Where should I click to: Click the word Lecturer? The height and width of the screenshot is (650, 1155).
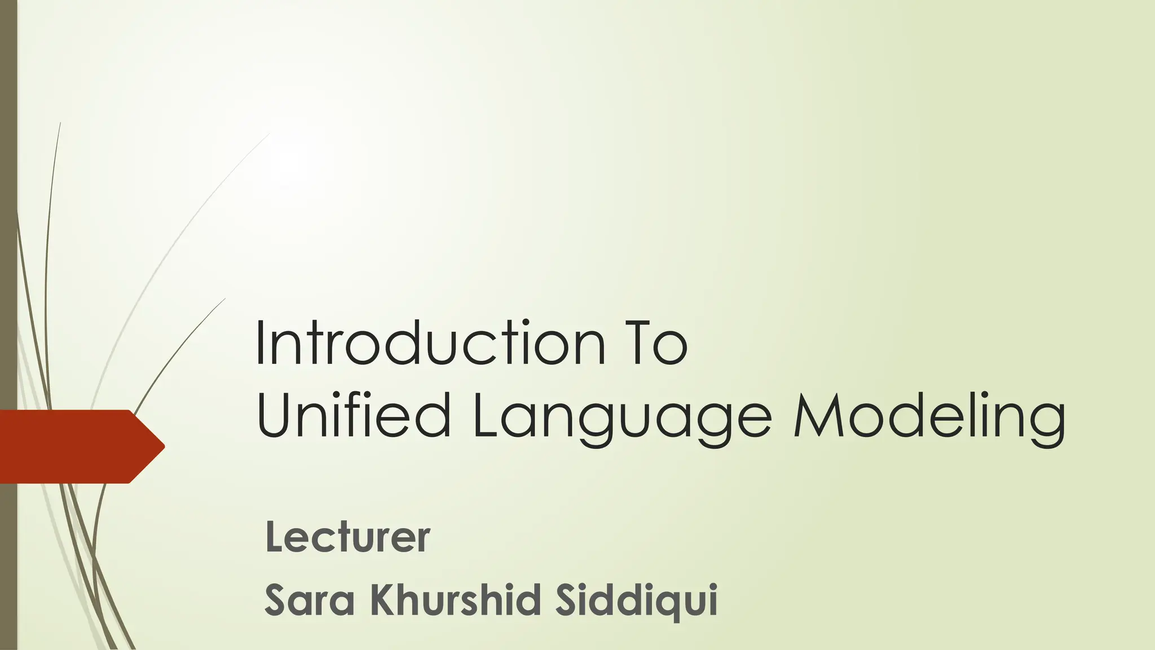[347, 537]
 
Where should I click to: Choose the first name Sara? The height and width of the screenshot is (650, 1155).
[310, 600]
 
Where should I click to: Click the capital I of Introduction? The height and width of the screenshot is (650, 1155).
[261, 343]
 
